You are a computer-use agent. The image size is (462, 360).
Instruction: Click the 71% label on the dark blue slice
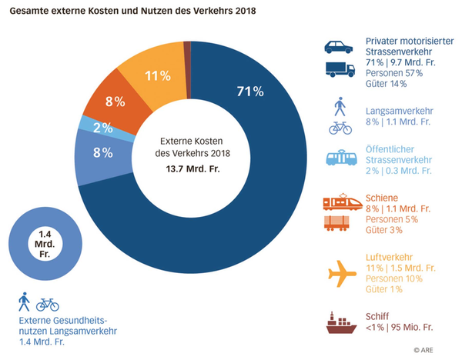(250, 92)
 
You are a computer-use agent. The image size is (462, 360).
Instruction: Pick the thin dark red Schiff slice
(187, 48)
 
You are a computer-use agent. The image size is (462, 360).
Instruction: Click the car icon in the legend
(338, 46)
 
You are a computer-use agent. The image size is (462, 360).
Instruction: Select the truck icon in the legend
(339, 70)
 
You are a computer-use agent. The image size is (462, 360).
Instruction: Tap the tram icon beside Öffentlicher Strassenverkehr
(340, 158)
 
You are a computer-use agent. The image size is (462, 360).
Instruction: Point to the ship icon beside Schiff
(340, 322)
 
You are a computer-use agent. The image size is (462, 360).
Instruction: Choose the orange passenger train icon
(340, 203)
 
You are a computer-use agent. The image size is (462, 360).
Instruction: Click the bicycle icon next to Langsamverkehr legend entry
(340, 128)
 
